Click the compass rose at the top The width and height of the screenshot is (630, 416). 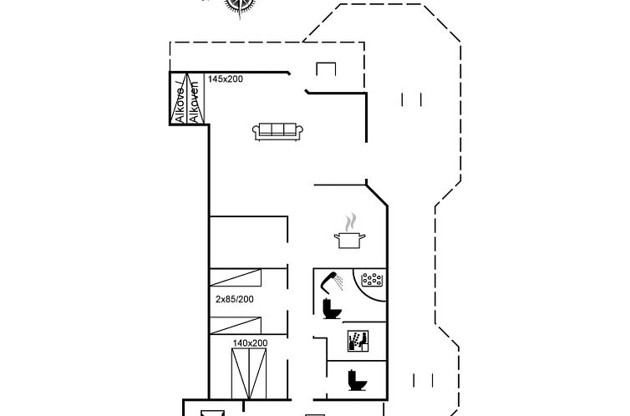coord(240,6)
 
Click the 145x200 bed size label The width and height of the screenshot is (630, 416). coord(226,79)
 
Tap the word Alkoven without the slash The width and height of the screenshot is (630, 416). coord(195,102)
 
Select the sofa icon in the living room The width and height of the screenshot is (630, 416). coord(277,131)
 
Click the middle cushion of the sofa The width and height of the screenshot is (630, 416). coord(277,129)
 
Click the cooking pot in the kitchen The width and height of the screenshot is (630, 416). coord(349,241)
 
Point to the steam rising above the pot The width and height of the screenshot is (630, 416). coord(350,223)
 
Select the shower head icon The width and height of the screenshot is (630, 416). coord(332,282)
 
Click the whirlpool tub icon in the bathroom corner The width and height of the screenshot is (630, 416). coord(372,280)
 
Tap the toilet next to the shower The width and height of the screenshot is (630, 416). coord(332,309)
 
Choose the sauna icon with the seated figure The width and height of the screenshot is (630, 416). coord(358,341)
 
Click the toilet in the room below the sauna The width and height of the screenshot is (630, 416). coord(357,380)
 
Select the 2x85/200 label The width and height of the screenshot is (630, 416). coord(235,299)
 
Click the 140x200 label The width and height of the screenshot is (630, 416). coord(250,343)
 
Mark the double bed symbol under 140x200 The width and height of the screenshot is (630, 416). coord(249,374)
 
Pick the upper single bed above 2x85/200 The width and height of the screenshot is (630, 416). coord(236,278)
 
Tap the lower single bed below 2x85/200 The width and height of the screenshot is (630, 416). coord(236,326)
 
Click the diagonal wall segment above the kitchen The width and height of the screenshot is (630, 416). coord(377,195)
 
